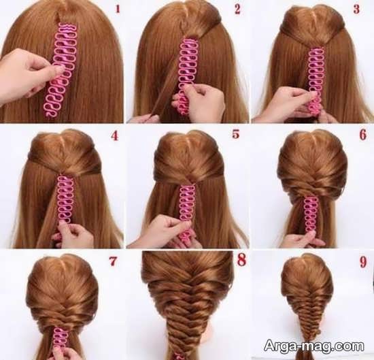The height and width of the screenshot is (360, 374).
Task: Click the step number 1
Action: coord(118,10)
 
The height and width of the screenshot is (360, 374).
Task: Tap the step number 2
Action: coord(237,10)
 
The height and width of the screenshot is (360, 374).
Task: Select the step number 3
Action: coord(356,9)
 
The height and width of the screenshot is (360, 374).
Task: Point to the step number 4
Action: coord(115,135)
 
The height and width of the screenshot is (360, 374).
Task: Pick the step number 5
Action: coord(236,134)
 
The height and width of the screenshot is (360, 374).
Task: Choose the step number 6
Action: coord(363,135)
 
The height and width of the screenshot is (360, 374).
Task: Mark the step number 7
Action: coord(113,261)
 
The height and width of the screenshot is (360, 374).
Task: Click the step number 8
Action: coord(241,260)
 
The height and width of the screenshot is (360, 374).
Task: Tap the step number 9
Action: coord(363,261)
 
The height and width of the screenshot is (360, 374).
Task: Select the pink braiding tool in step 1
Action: coord(61,70)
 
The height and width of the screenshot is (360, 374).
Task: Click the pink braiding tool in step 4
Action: coord(65,201)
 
